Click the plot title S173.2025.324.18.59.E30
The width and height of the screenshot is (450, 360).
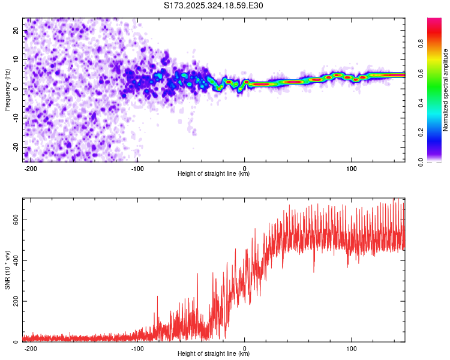(214, 5)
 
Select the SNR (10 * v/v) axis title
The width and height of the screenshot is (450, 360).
(8, 269)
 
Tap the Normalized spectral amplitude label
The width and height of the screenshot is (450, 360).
(446, 90)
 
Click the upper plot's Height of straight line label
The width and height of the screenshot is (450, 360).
(214, 174)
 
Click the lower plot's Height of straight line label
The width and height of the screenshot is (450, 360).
(214, 354)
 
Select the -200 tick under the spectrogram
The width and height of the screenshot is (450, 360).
(31, 169)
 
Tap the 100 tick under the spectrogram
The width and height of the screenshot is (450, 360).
(351, 169)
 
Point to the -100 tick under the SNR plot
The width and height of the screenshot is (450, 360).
(137, 349)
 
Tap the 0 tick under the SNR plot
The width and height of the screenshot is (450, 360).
(245, 349)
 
